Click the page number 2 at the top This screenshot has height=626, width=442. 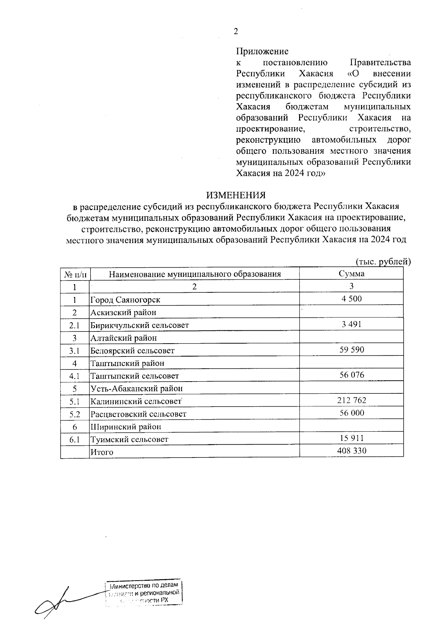tap(236, 32)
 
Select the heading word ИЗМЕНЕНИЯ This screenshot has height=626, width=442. tap(236, 195)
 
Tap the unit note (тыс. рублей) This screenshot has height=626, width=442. tap(383, 262)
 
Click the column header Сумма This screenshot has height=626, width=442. tap(351, 274)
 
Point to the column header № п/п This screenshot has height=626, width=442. tap(75, 274)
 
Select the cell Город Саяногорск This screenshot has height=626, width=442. tap(126, 300)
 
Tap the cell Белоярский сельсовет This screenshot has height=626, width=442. tap(133, 351)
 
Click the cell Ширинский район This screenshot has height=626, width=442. tap(126, 427)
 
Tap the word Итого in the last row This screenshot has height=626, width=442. tap(102, 452)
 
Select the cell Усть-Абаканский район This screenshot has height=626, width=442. tap(137, 389)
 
